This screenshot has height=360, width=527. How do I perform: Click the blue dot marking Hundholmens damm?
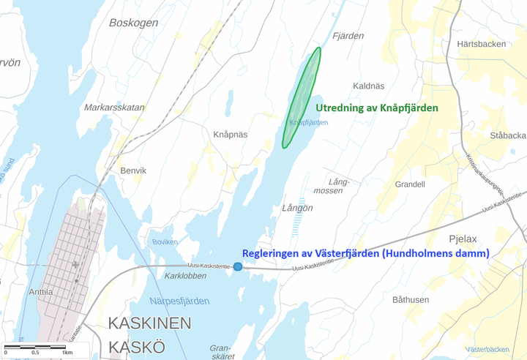238,266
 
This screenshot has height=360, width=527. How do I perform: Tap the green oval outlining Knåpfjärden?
302,98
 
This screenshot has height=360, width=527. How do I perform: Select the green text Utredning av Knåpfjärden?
377,108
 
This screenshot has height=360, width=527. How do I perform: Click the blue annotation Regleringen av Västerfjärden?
365,253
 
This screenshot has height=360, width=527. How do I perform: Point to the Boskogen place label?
133,23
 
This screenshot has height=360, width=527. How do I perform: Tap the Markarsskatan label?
113,107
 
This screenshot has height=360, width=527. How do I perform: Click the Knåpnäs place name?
230,135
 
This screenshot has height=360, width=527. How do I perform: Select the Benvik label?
133,170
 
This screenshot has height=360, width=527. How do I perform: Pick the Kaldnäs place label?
368,86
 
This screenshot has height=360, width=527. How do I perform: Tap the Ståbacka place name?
508,135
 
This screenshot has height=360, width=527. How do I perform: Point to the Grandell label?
410,184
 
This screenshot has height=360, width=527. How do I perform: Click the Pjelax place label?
463,239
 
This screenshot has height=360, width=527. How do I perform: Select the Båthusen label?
411,299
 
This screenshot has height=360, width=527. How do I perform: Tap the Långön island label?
297,208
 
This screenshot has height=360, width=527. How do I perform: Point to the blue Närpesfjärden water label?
179,301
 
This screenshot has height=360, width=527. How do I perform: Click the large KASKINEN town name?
150,323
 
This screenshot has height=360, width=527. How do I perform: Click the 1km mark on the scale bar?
67,353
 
